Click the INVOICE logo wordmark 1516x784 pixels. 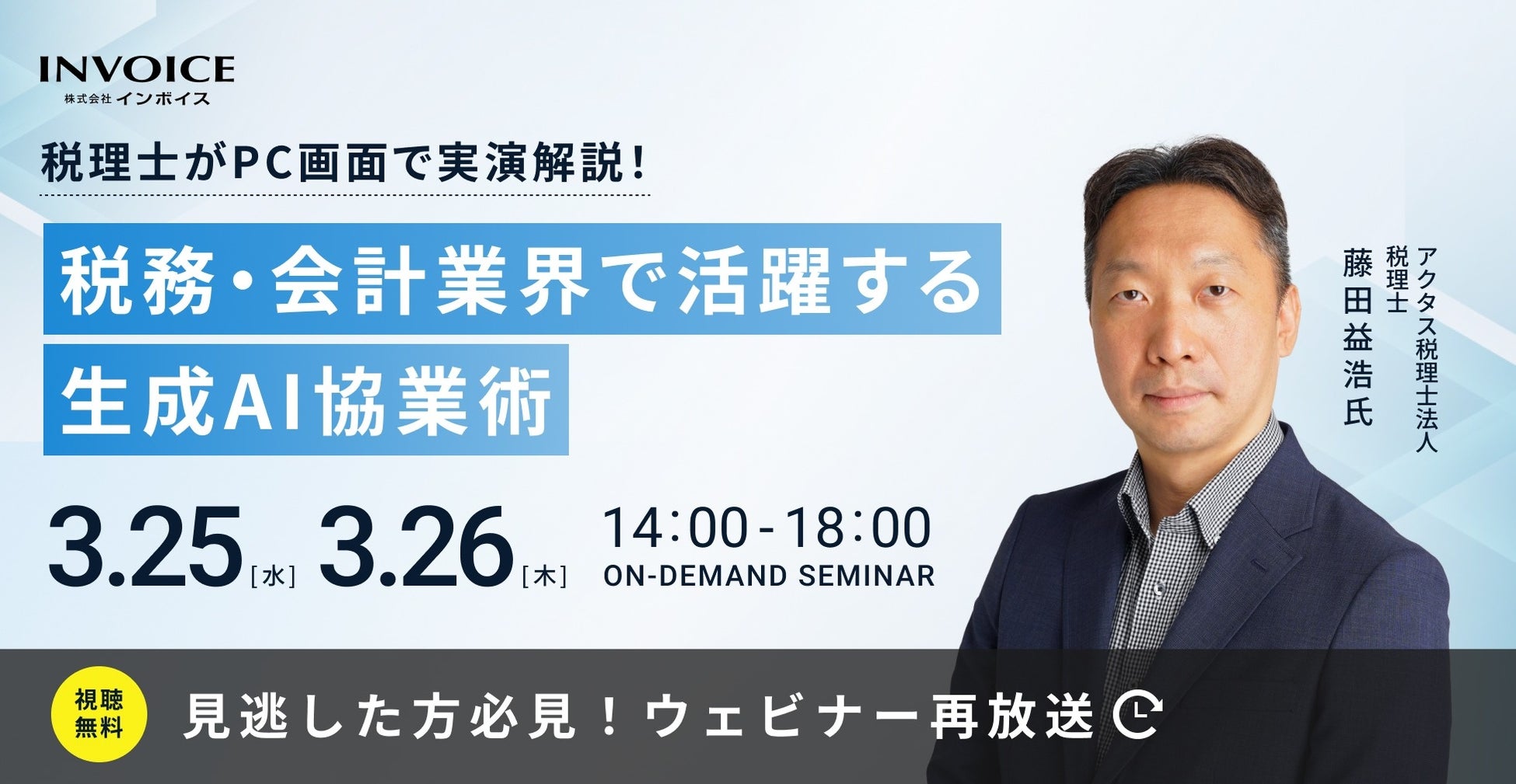pyautogui.click(x=137, y=68)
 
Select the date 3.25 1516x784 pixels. pyautogui.click(x=145, y=548)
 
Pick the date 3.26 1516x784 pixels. pyautogui.click(x=416, y=548)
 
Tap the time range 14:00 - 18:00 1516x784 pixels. pyautogui.click(x=767, y=528)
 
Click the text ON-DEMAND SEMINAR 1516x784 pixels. pyautogui.click(x=769, y=576)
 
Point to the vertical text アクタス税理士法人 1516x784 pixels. pyautogui.click(x=1427, y=350)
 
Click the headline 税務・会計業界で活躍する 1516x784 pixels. pyautogui.click(x=522, y=280)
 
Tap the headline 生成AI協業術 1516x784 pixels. pyautogui.click(x=306, y=400)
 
